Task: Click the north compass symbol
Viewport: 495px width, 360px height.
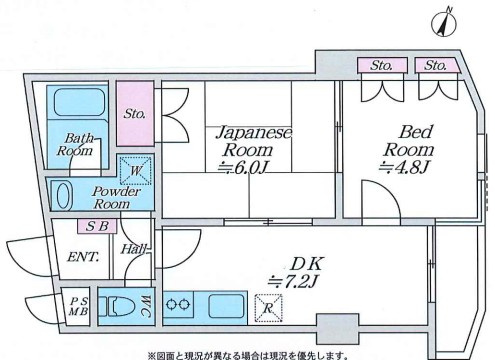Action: point(444,23)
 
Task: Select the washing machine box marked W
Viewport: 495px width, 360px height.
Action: point(135,171)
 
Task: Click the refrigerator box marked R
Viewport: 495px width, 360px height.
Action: point(269,308)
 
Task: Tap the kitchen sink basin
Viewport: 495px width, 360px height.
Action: point(226,306)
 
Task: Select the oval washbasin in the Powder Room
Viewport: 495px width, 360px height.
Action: point(65,196)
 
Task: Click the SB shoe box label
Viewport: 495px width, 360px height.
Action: point(97,226)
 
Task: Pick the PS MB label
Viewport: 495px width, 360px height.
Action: point(79,307)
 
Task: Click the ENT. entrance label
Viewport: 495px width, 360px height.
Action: point(83,257)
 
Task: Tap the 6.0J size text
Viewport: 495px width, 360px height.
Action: point(243,168)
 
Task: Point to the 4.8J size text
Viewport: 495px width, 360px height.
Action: point(404,167)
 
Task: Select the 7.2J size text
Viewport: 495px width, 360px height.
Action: point(293,282)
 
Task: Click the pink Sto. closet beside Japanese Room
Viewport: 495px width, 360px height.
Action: point(135,113)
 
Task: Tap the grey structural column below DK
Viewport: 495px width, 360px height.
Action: point(337,329)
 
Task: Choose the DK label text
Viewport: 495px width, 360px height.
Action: point(306,264)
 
